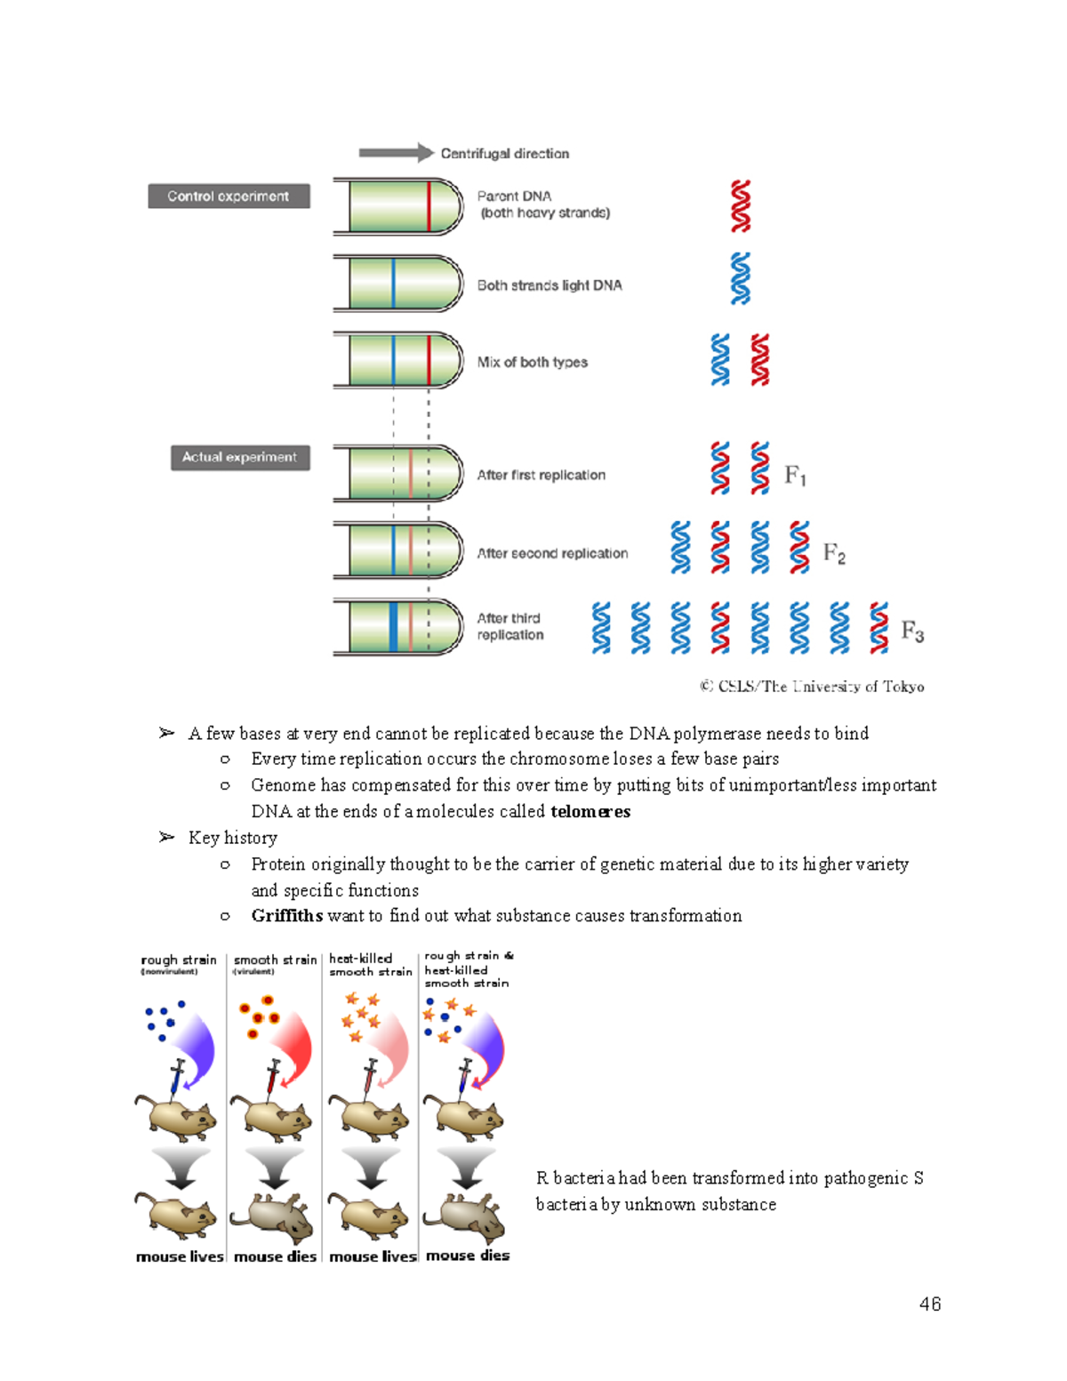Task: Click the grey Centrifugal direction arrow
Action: (395, 153)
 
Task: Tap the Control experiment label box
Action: (229, 197)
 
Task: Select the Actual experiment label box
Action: (240, 457)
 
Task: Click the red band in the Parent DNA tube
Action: (429, 206)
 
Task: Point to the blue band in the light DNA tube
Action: (393, 284)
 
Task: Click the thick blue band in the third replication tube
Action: (393, 627)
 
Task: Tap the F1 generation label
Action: (795, 477)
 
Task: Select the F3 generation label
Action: (912, 632)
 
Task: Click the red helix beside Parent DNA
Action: (741, 206)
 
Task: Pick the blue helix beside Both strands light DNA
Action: (741, 278)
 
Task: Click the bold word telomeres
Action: (590, 811)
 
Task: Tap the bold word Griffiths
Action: (286, 916)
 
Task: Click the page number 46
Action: (930, 1304)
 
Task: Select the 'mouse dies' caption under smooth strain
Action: (275, 1257)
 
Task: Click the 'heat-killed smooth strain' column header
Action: (370, 965)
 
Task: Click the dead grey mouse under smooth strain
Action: (273, 1216)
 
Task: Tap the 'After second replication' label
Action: (552, 553)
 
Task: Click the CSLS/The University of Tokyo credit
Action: (812, 686)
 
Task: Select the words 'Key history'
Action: (232, 838)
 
